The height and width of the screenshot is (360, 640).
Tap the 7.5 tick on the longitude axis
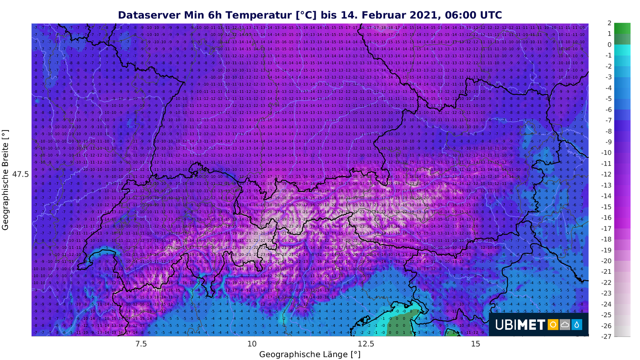(141, 344)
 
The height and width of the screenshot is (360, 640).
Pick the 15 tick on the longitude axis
(475, 344)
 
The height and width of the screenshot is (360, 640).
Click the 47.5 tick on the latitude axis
(20, 174)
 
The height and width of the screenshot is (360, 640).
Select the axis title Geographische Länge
(309, 354)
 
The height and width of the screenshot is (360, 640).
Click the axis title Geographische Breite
(6, 180)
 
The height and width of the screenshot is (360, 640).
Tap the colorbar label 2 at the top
(609, 23)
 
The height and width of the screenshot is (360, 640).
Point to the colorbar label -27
(606, 336)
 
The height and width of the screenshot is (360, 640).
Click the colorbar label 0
(609, 45)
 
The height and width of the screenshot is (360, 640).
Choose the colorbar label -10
(606, 153)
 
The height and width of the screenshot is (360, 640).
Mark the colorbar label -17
(606, 228)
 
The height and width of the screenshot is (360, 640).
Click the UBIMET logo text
(520, 325)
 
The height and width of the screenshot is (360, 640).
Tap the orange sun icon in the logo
(553, 325)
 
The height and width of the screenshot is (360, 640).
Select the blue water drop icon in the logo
(577, 325)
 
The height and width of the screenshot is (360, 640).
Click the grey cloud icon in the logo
(565, 325)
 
